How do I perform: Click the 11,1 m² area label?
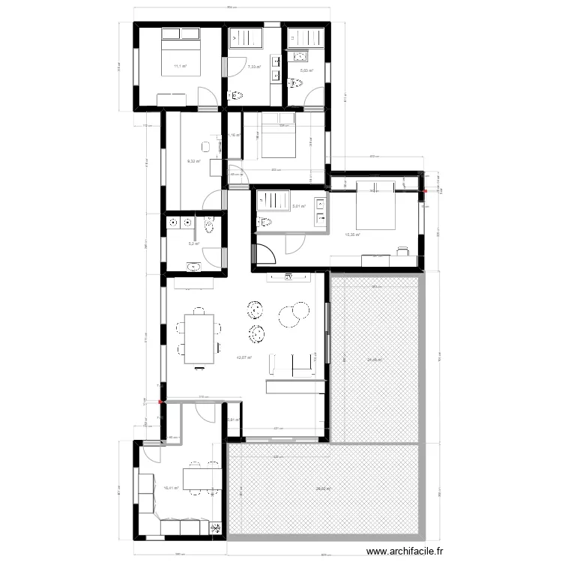point(180,67)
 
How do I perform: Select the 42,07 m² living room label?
point(244,358)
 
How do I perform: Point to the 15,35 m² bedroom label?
point(352,235)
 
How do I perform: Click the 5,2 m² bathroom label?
point(193,244)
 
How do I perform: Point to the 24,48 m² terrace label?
point(374,360)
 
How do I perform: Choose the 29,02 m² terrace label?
point(324,489)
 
